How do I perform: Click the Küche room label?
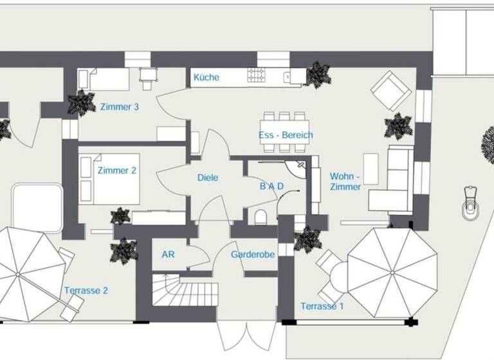[x=206, y=78]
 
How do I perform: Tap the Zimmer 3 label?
[x=120, y=107]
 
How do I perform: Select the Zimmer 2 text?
[x=117, y=171]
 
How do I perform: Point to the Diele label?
[x=208, y=178]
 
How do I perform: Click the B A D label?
[x=271, y=186]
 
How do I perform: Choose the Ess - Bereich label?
[x=286, y=136]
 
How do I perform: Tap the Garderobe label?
[x=253, y=255]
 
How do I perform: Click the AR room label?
[x=168, y=255]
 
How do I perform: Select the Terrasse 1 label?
[x=322, y=307]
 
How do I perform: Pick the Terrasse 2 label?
[x=86, y=291]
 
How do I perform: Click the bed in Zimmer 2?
[x=109, y=178]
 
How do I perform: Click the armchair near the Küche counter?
[x=392, y=91]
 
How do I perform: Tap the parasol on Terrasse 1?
[x=392, y=273]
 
